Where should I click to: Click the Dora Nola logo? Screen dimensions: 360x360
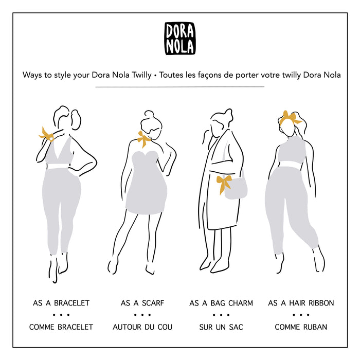pyautogui.click(x=180, y=39)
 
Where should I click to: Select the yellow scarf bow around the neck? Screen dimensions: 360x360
pyautogui.click(x=143, y=139)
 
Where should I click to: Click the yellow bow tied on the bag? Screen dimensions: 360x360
pyautogui.click(x=223, y=184)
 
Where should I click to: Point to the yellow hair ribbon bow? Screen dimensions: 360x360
pyautogui.click(x=290, y=118)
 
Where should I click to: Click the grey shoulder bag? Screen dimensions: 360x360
pyautogui.click(x=236, y=187)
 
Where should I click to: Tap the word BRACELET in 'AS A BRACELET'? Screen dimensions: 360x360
pyautogui.click(x=71, y=303)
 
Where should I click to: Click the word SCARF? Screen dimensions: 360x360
pyautogui.click(x=153, y=303)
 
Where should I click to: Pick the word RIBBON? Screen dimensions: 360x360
pyautogui.click(x=321, y=303)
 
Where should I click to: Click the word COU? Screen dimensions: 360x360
pyautogui.click(x=165, y=327)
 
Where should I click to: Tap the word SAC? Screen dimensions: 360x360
pyautogui.click(x=236, y=327)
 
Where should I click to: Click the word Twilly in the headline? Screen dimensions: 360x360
pyautogui.click(x=141, y=75)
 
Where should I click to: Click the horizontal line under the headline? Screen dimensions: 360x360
pyautogui.click(x=180, y=87)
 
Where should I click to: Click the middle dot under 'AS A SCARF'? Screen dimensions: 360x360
pyautogui.click(x=142, y=315)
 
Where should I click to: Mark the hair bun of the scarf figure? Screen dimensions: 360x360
pyautogui.click(x=149, y=115)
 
